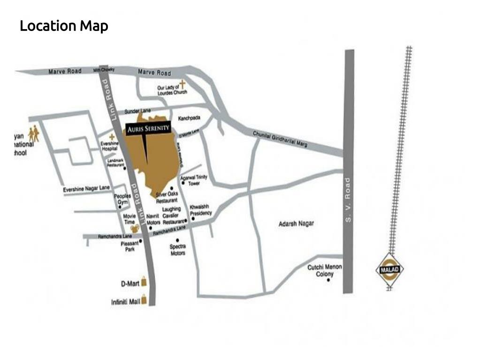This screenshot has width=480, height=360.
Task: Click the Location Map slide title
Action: point(64,25)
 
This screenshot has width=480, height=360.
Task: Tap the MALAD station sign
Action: point(390,270)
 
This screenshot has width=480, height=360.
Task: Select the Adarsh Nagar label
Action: point(296,224)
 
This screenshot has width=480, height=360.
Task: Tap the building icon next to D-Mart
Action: point(145,283)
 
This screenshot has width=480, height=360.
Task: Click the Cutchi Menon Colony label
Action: point(325,270)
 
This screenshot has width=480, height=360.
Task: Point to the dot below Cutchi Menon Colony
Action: point(328,280)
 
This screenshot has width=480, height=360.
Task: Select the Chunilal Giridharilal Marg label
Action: point(280,139)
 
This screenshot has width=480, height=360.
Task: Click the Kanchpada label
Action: point(190,118)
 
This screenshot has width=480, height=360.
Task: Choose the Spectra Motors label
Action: point(177,250)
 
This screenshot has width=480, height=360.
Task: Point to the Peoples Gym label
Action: point(122,199)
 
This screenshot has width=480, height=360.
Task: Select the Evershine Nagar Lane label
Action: point(86,189)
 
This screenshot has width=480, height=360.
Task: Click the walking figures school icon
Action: point(33,134)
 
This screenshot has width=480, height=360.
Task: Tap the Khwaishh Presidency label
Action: point(201,210)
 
